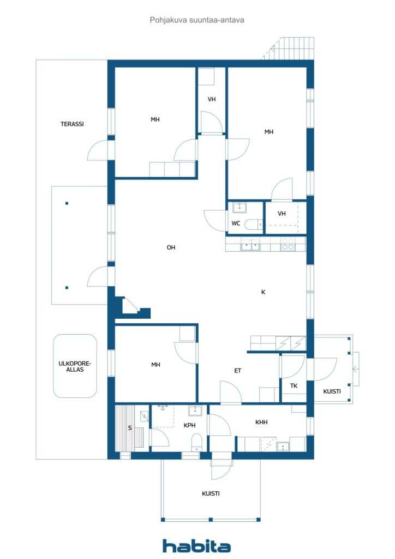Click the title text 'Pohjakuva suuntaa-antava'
pos(197,20)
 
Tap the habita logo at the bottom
pos(197,545)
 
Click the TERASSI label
pos(72,124)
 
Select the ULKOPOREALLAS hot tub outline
pos(75,366)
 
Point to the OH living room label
pos(171,247)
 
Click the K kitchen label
pos(263,292)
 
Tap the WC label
pos(236,223)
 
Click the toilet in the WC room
pos(253,224)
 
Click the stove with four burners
pos(288,244)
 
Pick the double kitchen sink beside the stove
pos(251,246)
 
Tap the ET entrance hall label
pos(238,371)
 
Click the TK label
pos(294,386)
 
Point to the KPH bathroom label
pos(189,425)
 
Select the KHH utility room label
pos(261,422)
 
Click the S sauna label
pos(130,428)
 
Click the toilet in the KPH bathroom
pos(197,442)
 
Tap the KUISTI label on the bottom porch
pos(211,493)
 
